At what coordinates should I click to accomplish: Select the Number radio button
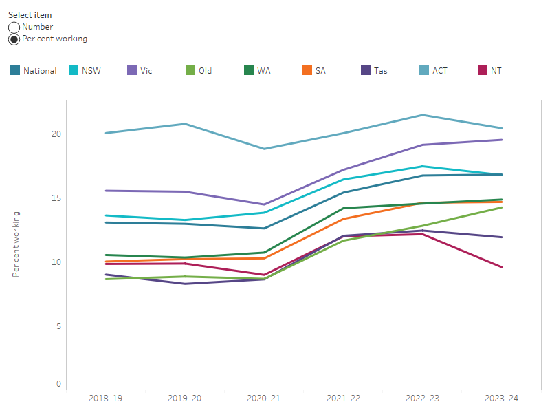coord(14,28)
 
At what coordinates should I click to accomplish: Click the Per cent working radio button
coord(14,39)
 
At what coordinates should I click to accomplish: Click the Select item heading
coord(30,15)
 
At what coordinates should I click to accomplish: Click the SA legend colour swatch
coord(307,70)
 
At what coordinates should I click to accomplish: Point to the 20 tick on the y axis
coord(56,134)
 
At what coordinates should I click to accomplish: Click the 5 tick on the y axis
coord(58,326)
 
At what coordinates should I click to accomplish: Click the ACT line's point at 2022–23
coord(423,115)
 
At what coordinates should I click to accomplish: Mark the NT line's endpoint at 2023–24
coord(502,267)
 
